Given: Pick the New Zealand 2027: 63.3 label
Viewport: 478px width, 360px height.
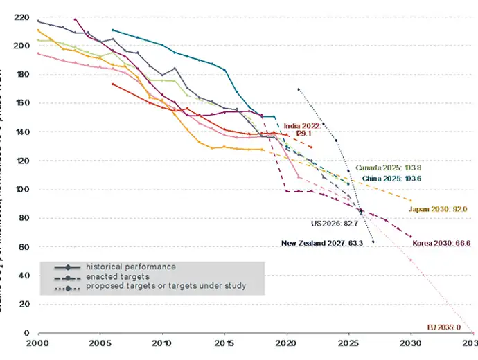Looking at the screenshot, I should click(321, 243).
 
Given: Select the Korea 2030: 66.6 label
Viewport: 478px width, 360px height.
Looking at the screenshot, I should click(441, 243).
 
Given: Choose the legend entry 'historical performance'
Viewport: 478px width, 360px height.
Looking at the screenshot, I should click(131, 267).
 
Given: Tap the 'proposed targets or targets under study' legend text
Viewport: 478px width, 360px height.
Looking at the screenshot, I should click(166, 285).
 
